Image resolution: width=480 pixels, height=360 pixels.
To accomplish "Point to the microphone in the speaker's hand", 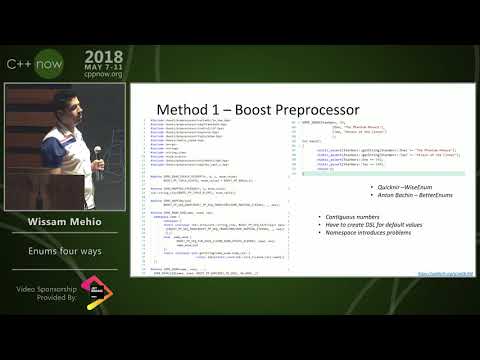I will click(97, 152).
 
